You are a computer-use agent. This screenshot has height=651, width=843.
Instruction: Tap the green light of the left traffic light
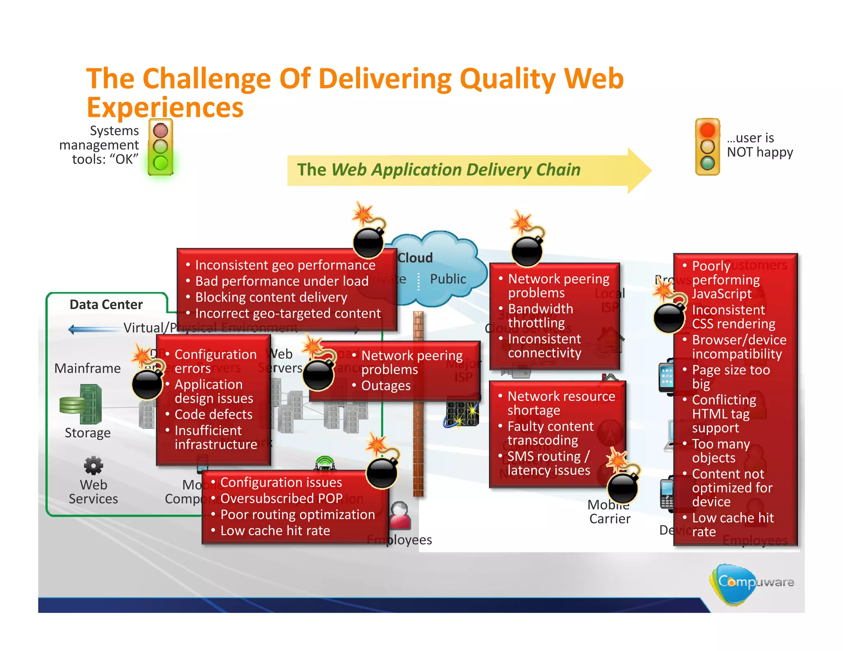(x=161, y=163)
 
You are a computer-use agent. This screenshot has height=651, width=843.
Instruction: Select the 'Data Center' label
(x=106, y=305)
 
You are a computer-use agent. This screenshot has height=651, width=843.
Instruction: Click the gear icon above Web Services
(x=93, y=465)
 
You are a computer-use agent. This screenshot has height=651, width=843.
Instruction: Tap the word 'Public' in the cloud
(x=448, y=279)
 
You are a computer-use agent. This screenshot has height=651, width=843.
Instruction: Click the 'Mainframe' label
(x=87, y=368)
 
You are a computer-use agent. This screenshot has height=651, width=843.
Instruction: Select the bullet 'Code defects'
(x=213, y=414)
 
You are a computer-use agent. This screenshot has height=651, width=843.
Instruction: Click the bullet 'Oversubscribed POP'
(x=281, y=498)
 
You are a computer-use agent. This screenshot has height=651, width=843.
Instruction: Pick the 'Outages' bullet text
(x=386, y=386)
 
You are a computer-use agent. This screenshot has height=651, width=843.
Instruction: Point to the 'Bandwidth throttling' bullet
(x=540, y=316)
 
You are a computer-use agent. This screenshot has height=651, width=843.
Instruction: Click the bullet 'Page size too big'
(x=731, y=377)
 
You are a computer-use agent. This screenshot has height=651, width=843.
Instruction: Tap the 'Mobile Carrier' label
(x=609, y=512)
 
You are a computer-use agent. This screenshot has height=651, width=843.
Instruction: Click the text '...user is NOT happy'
(x=759, y=145)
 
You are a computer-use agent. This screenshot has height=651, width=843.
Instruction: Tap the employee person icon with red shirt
(x=400, y=516)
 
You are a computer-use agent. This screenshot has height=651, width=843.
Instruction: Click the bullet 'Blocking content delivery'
(x=271, y=297)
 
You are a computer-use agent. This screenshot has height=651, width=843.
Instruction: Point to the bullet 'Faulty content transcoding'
(x=550, y=433)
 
